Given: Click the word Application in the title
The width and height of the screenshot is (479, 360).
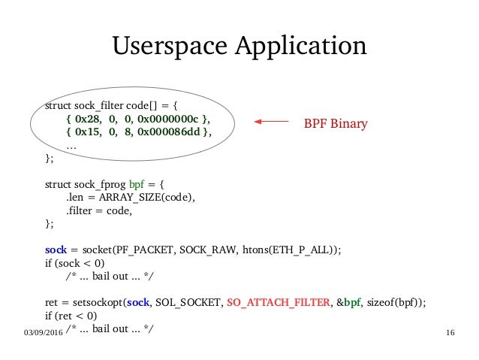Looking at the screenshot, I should coord(303,46).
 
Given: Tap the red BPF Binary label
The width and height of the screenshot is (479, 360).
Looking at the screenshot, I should coord(335,123).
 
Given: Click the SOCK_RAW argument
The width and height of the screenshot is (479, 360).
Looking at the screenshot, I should coord(210,250).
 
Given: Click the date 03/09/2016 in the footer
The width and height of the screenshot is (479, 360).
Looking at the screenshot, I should coord(36,331).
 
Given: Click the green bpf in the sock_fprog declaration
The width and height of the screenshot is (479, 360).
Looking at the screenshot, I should coord(137,184).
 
